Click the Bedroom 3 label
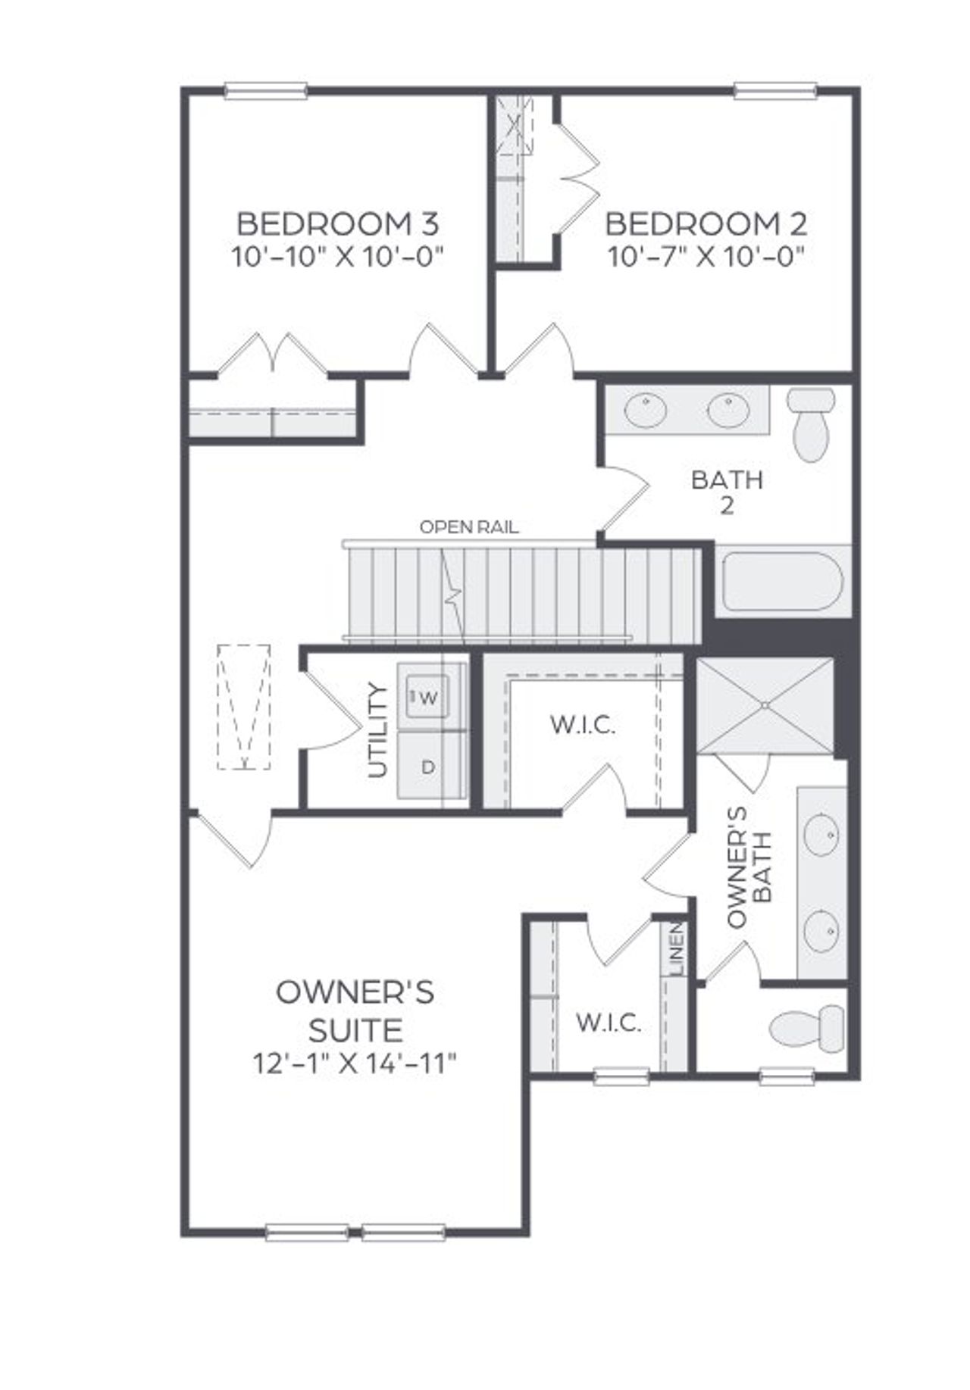coord(337,224)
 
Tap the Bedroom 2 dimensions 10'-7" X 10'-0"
coord(706,258)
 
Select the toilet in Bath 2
coord(811,424)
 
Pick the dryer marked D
coord(428,767)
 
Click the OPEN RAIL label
coord(469,527)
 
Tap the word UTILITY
coord(377,730)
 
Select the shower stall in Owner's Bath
coord(765,706)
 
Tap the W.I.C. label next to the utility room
coord(582,726)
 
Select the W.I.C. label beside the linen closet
coord(609,1023)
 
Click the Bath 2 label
coord(727,492)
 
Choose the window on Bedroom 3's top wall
coord(266,92)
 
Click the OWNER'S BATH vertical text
coord(749,867)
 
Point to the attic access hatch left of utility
coord(244,707)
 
